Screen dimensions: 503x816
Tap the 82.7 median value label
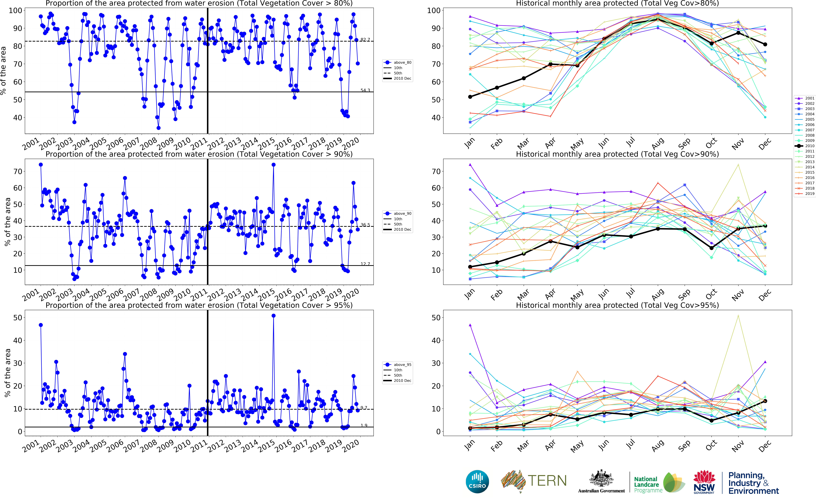365,40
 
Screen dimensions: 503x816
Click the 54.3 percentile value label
365,90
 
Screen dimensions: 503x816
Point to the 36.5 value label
365,225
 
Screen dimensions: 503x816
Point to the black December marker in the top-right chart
765,44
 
